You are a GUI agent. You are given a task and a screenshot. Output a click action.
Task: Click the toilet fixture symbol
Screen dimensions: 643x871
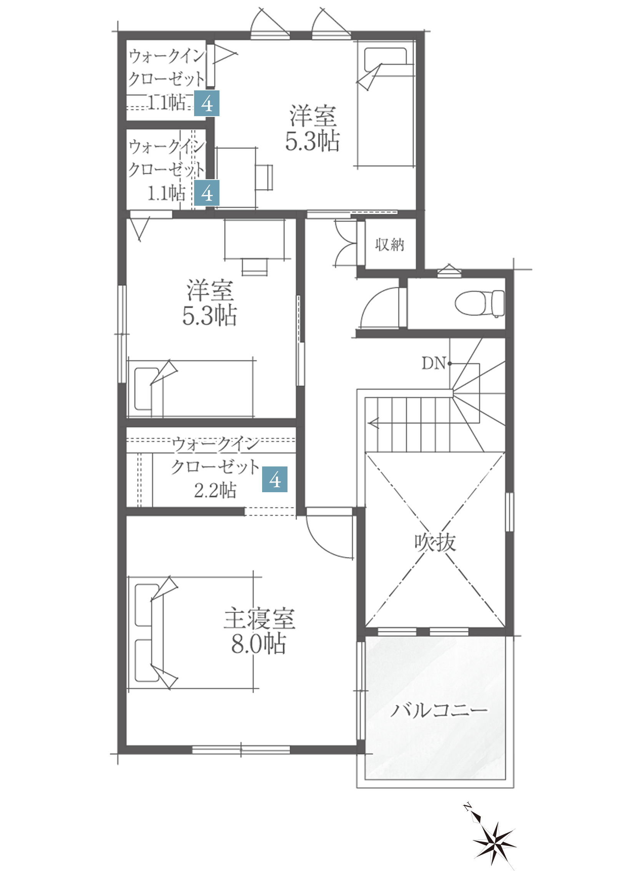point(479,303)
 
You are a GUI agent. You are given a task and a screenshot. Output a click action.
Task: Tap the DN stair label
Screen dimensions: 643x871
point(434,364)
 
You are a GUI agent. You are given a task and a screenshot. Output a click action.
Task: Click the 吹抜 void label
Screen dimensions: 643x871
point(435,542)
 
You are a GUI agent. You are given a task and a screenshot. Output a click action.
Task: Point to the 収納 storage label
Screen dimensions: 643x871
point(390,245)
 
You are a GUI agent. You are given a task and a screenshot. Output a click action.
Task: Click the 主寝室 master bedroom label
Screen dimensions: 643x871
point(259,618)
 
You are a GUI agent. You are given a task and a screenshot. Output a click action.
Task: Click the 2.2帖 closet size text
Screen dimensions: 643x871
point(215,490)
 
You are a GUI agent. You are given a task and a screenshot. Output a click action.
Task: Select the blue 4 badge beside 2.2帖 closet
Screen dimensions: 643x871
point(275,479)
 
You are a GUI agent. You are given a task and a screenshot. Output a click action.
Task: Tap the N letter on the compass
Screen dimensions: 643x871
point(467,806)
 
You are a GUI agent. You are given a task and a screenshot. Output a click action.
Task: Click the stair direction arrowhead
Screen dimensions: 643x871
point(374,423)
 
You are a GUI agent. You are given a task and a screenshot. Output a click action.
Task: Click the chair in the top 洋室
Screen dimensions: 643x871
point(264,177)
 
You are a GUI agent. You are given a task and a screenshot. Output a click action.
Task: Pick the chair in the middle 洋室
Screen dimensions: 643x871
point(254,266)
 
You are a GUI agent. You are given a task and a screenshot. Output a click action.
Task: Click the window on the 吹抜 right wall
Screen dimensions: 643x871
point(510,512)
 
